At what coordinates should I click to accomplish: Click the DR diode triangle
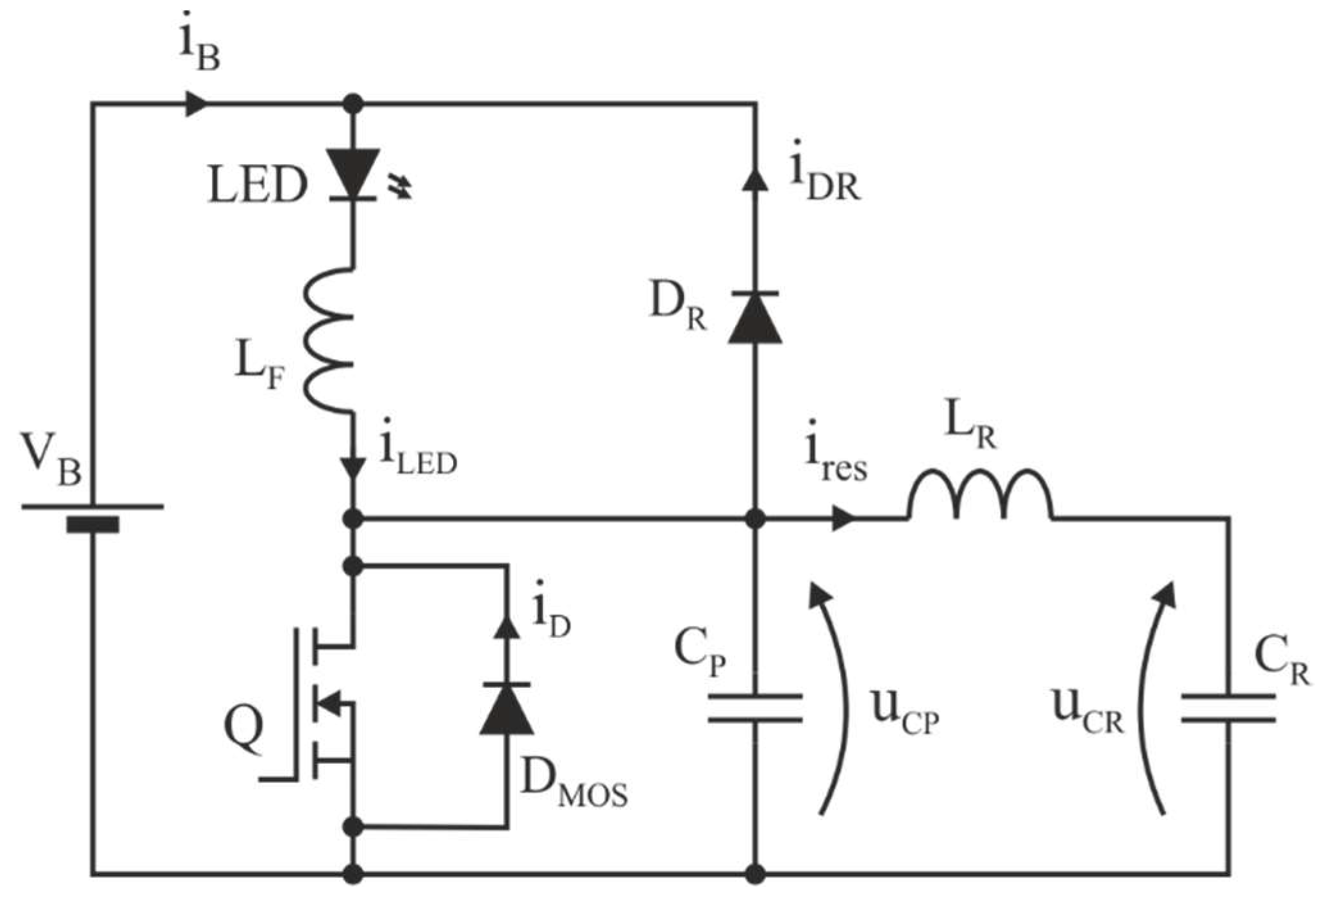pyautogui.click(x=755, y=318)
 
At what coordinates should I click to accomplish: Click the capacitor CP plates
pyautogui.click(x=755, y=709)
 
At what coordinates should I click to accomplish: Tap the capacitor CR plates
pyautogui.click(x=1228, y=709)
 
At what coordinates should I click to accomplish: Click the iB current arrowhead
pyautogui.click(x=196, y=103)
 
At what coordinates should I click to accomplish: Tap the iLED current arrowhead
pyautogui.click(x=353, y=467)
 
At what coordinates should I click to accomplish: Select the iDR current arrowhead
pyautogui.click(x=755, y=180)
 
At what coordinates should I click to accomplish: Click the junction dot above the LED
pyautogui.click(x=353, y=103)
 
